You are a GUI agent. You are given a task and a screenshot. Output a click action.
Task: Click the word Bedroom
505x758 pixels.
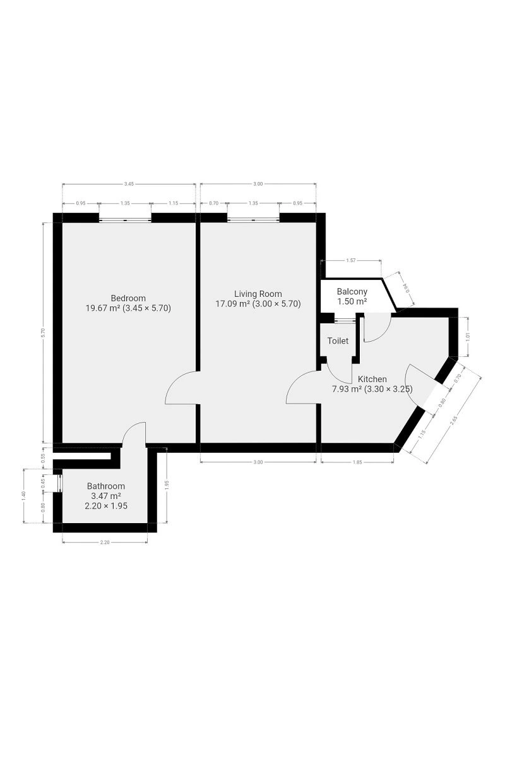point(128,298)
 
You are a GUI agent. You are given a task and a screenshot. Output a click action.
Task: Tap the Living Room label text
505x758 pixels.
point(258,294)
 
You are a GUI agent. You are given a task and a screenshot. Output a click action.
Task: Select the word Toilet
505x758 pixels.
point(338,340)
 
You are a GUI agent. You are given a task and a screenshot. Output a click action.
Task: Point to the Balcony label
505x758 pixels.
point(352,291)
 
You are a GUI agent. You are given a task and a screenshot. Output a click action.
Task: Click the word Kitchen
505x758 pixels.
point(372,378)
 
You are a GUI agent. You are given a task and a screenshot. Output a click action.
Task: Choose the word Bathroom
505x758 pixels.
point(106,486)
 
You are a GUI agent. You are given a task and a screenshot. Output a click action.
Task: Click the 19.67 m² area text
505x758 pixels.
point(103,308)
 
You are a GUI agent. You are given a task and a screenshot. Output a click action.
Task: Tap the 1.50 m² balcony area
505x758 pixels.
point(352,301)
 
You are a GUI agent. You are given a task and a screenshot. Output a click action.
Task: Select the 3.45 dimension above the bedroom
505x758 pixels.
point(129,184)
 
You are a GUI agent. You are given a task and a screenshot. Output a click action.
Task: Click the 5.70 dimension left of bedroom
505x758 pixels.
point(43,333)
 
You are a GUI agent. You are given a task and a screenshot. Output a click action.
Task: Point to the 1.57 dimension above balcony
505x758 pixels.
point(351,260)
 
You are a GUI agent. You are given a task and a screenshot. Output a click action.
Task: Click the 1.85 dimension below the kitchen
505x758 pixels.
point(357,462)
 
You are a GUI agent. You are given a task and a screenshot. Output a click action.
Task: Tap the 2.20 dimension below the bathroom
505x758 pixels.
point(105,542)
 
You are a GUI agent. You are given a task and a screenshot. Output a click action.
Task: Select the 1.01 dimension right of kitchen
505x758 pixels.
point(468,337)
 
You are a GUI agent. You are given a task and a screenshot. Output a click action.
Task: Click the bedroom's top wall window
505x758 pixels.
point(125,220)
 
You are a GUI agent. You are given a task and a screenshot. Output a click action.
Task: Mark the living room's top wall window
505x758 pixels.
point(253,220)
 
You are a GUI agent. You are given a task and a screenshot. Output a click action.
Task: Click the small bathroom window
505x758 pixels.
point(60,483)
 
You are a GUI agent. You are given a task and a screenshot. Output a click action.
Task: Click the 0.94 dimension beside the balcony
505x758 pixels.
point(407,288)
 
